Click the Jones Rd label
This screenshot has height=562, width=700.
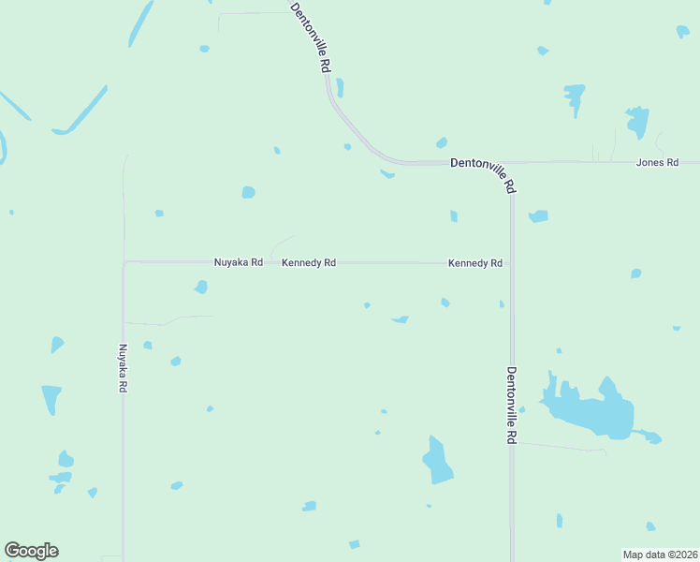pyautogui.click(x=657, y=163)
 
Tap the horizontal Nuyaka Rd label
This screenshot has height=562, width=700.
pyautogui.click(x=238, y=263)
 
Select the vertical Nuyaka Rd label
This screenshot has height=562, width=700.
pyautogui.click(x=122, y=368)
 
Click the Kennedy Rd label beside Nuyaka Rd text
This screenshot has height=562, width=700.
pyautogui.click(x=309, y=263)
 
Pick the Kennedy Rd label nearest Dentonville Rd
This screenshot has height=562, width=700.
pyautogui.click(x=475, y=263)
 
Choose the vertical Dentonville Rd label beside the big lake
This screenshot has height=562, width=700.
pyautogui.click(x=512, y=404)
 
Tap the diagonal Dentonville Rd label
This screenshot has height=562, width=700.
pyautogui.click(x=311, y=37)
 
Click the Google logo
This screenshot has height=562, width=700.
pyautogui.click(x=31, y=551)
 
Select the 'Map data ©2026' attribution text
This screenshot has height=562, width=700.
pyautogui.click(x=659, y=555)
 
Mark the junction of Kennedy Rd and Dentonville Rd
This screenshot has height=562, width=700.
pyautogui.click(x=511, y=263)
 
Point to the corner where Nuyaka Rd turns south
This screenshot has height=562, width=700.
pyautogui.click(x=124, y=262)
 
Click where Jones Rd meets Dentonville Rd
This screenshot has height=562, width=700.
pyautogui.click(x=511, y=163)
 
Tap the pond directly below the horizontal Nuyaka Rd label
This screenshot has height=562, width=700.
pyautogui.click(x=200, y=287)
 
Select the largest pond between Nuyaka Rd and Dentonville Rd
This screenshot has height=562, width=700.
pyautogui.click(x=436, y=461)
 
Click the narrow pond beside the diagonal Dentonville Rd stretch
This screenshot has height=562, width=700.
pyautogui.click(x=340, y=88)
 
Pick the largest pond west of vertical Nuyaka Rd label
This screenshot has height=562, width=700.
pyautogui.click(x=51, y=398)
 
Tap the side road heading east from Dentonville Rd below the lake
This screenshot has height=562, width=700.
pyautogui.click(x=561, y=447)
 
